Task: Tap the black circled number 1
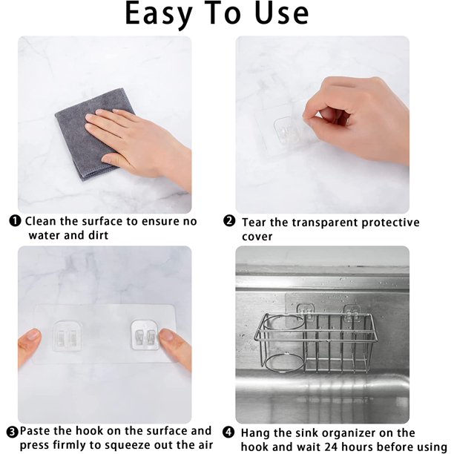15,222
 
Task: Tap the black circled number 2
229,222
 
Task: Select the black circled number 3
12,433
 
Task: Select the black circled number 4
228,432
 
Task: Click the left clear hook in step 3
68,336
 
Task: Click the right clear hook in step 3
145,335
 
